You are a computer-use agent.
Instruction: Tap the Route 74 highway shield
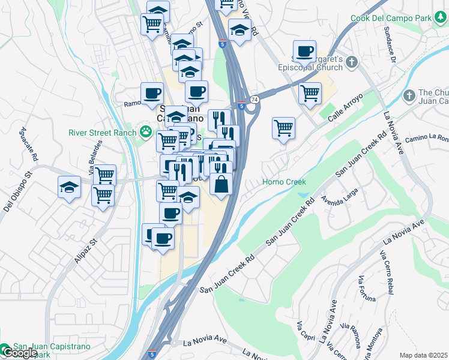255,99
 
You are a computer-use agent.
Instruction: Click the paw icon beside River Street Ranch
145,131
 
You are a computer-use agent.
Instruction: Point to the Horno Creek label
284,182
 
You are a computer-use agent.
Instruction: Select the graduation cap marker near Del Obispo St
70,187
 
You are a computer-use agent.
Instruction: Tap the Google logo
19,353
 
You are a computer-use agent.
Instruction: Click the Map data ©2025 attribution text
423,355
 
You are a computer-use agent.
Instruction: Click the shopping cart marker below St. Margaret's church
310,93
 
